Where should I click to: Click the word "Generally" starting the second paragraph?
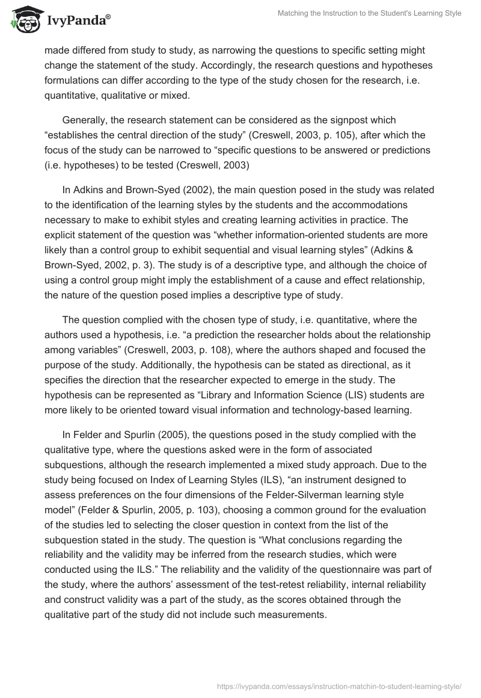tap(87, 120)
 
